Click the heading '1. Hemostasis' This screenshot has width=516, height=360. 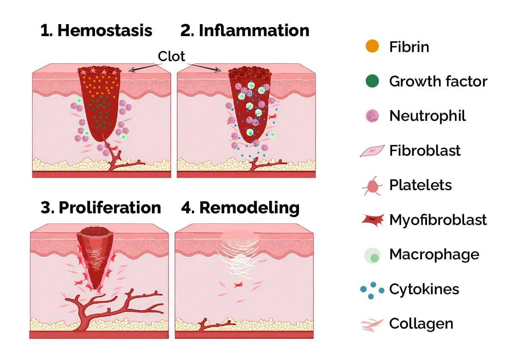96,31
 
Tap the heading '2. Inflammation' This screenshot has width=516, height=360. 245,31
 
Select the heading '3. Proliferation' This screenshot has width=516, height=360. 101,208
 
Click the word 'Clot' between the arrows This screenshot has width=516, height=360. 172,56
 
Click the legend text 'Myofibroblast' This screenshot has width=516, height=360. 438,220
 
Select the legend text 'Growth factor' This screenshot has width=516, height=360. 438,81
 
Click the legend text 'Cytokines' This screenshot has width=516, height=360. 424,289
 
